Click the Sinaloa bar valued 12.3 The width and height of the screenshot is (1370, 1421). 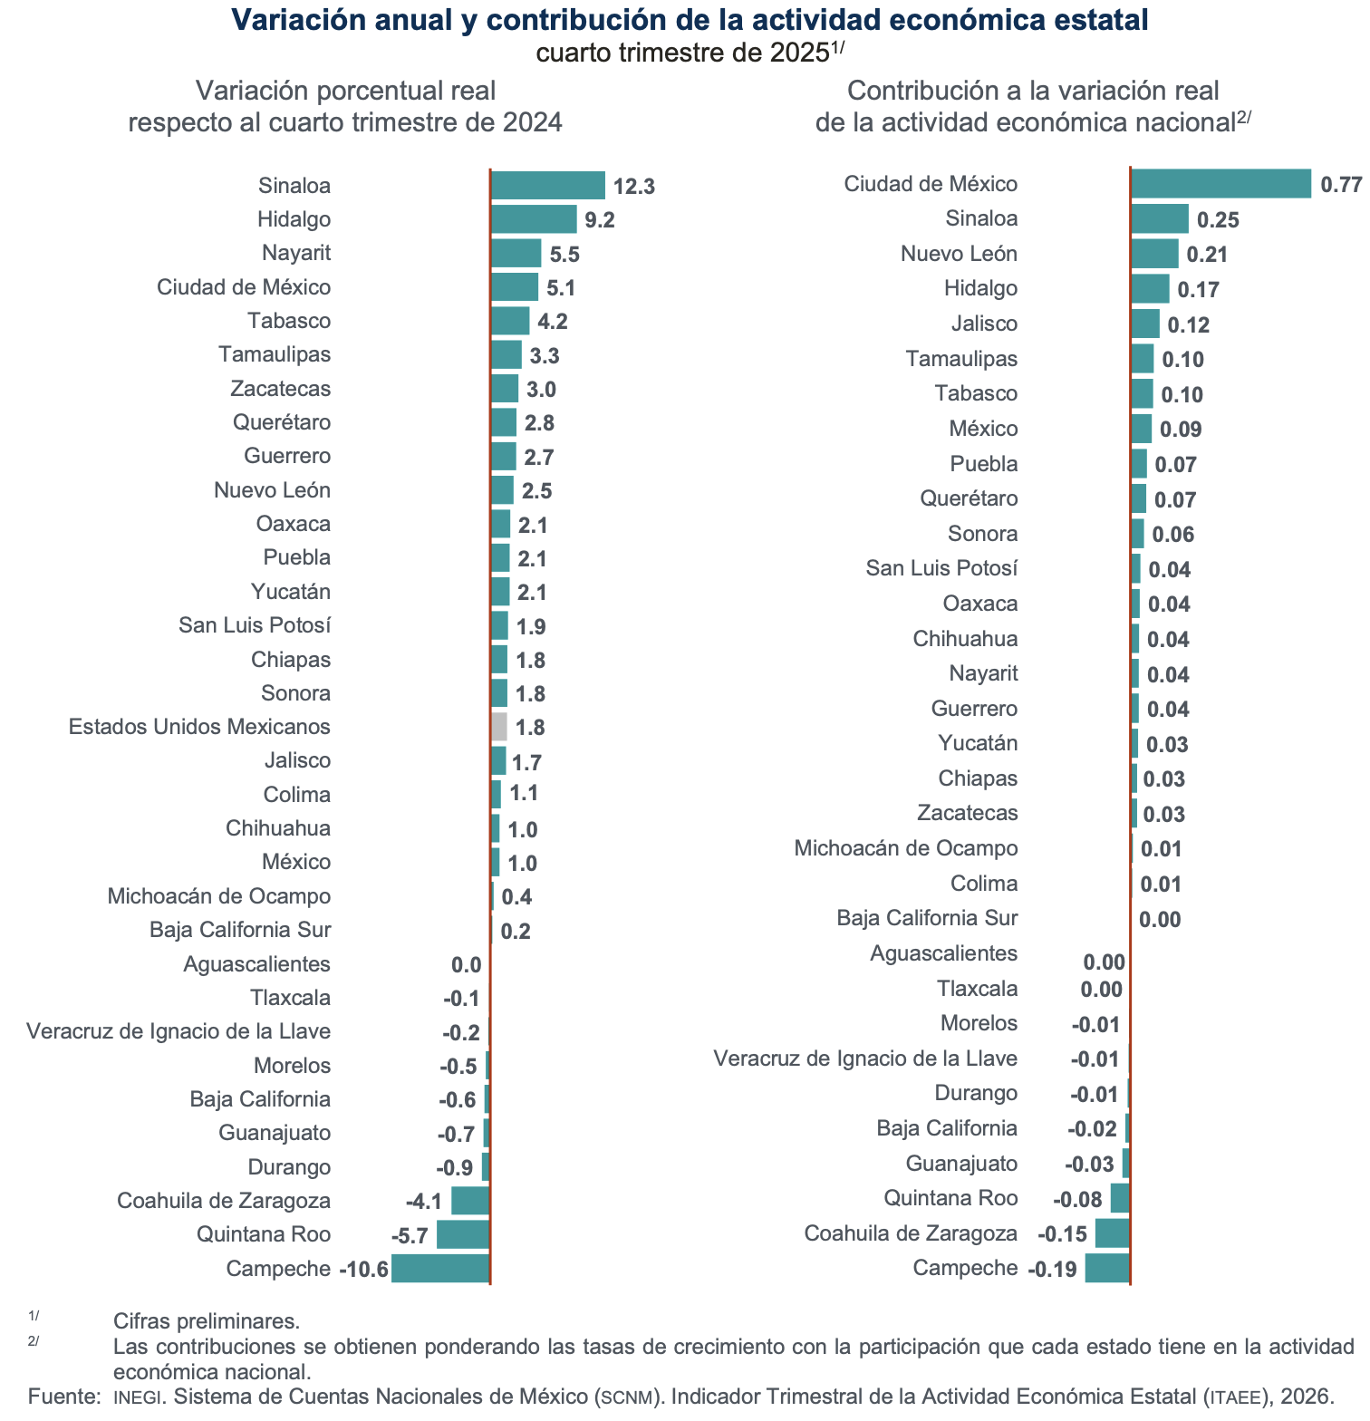tap(547, 186)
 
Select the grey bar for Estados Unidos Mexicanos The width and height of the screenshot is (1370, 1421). tap(499, 727)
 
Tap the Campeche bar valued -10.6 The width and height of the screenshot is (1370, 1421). tap(440, 1269)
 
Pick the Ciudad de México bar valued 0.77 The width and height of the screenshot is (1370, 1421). tap(1220, 184)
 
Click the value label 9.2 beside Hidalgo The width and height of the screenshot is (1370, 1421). tap(600, 220)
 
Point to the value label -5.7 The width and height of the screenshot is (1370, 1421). tap(410, 1236)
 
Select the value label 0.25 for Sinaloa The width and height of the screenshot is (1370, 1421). tap(1218, 220)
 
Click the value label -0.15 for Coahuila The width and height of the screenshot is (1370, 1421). tap(1062, 1234)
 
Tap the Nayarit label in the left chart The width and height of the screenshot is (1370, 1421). tap(296, 253)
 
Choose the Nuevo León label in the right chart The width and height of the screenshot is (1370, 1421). tap(959, 254)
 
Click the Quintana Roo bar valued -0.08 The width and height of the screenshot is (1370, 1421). tap(1120, 1198)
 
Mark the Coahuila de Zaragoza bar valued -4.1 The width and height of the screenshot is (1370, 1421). tap(470, 1201)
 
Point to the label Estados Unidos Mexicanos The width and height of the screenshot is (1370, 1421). tap(199, 727)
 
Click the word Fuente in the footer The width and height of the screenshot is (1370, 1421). tap(63, 1397)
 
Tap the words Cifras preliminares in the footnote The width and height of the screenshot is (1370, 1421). tap(206, 1321)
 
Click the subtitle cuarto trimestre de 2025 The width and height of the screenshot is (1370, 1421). tap(683, 53)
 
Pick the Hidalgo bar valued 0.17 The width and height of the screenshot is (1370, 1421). tap(1150, 289)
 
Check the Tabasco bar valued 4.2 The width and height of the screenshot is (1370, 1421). tap(510, 321)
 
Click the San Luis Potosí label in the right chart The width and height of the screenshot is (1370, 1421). tap(941, 568)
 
